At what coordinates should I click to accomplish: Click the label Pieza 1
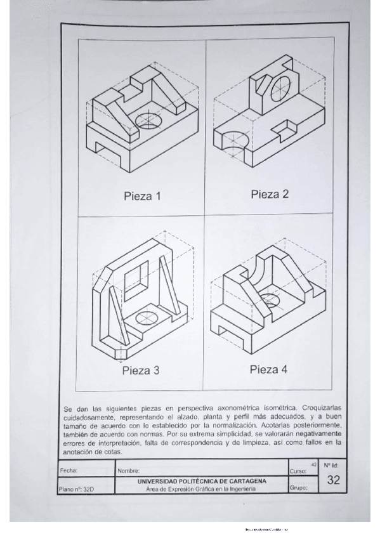pos(142,196)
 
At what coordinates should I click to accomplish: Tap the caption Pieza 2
pos(270,194)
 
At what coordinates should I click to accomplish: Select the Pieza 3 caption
pos(141,371)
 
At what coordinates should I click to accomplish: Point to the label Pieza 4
pos(268,369)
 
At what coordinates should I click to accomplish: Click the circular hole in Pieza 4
pos(271,300)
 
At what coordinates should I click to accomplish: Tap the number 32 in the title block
pos(334,481)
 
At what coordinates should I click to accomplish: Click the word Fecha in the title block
pos(68,471)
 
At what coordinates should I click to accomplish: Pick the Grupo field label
pos(298,489)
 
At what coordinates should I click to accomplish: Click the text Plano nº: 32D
pos(75,489)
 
